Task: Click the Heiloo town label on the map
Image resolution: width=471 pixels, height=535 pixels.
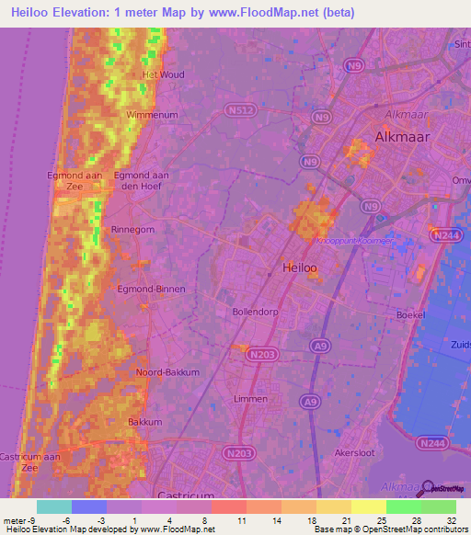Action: (x=298, y=268)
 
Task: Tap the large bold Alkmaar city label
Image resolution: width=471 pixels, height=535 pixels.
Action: (x=403, y=137)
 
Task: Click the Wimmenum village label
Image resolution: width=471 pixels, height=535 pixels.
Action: (x=151, y=114)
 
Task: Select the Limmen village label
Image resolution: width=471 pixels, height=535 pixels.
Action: (x=250, y=399)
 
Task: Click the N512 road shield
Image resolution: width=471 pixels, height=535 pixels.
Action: (x=239, y=109)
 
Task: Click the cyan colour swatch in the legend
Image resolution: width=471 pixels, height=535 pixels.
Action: (x=53, y=507)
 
